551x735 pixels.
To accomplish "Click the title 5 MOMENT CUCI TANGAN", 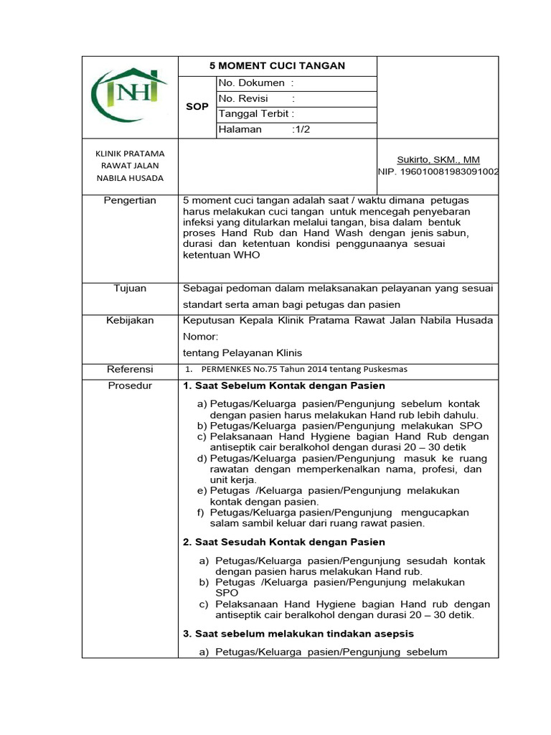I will click(277, 66).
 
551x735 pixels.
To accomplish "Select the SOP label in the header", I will click(197, 106).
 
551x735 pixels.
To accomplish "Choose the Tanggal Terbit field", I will click(256, 114).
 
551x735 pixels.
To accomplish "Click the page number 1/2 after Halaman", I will click(301, 129).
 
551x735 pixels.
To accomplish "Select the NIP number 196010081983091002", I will click(438, 172).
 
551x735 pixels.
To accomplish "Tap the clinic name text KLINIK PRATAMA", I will click(130, 153).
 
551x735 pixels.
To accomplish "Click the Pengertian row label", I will click(130, 200).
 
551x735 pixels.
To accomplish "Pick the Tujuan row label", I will click(130, 288).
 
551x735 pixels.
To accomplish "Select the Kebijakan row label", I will click(130, 320).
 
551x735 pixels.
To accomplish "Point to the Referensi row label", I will click(130, 369).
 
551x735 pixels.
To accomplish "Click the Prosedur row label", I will click(130, 386).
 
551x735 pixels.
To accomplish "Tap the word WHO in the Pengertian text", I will click(245, 255).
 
